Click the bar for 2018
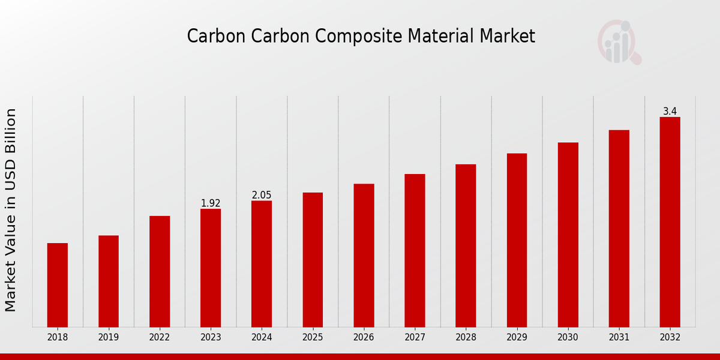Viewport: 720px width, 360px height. [x=58, y=285]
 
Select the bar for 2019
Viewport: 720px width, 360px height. [x=109, y=281]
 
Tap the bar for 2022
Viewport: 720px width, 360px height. [x=160, y=271]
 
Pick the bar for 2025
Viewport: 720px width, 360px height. [x=313, y=259]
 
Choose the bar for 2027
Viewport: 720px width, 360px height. [x=415, y=250]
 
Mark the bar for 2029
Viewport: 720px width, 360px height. [x=517, y=240]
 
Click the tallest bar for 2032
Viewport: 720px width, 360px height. [x=670, y=222]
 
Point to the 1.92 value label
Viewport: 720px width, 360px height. [x=211, y=203]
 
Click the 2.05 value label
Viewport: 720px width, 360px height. [x=262, y=195]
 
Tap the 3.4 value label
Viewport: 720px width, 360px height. [x=670, y=111]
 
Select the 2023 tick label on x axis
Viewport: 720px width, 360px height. [x=211, y=338]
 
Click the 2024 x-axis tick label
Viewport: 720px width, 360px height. [x=262, y=338]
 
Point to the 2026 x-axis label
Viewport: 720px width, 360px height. [x=364, y=338]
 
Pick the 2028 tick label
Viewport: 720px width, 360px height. [x=466, y=338]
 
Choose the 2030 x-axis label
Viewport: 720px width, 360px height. [x=568, y=338]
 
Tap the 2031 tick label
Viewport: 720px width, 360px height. [x=619, y=338]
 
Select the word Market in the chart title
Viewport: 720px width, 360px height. [x=507, y=36]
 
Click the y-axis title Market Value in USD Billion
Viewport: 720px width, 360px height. [x=11, y=210]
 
